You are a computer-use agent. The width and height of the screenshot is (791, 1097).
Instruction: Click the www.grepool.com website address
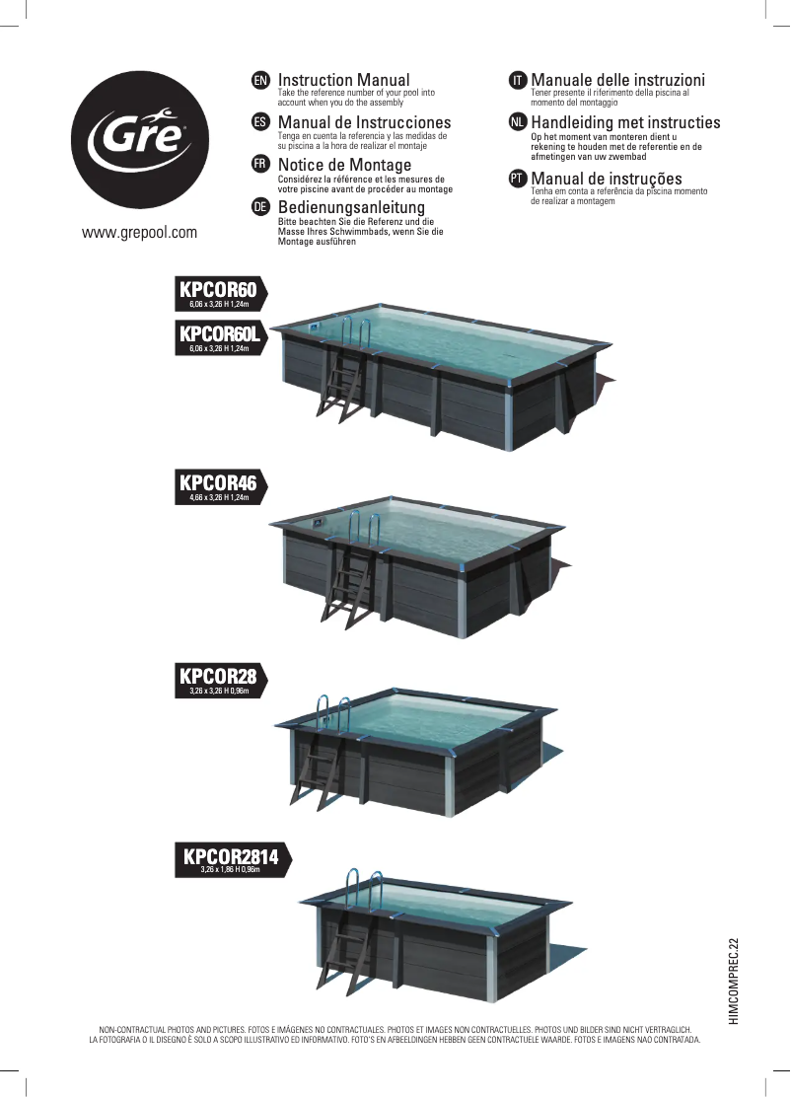coord(139,232)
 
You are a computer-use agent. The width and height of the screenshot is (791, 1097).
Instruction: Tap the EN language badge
coord(260,80)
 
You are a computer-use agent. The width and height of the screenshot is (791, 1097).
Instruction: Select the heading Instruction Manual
coord(343,80)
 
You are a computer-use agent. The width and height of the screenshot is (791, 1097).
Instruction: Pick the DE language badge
coord(260,207)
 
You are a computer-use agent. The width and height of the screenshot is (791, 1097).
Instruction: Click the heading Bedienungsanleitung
coord(351,207)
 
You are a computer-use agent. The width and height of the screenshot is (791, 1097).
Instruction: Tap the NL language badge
coord(518,122)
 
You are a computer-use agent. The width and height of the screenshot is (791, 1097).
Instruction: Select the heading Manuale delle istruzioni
coord(617,80)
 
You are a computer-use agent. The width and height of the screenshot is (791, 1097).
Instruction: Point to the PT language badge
coord(518,180)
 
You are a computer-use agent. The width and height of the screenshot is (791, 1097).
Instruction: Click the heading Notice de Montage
coord(345,165)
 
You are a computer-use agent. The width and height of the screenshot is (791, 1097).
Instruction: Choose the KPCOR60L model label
coord(220,338)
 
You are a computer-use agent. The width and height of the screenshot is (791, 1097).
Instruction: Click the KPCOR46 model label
coord(220,487)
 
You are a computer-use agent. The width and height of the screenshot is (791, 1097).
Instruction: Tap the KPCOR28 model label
coord(220,680)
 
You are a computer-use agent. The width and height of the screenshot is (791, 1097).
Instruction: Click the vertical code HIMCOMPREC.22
coord(732,982)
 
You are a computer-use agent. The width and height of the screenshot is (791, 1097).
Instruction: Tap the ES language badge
coord(260,122)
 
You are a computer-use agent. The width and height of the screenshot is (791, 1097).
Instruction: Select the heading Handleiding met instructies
coord(625,122)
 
